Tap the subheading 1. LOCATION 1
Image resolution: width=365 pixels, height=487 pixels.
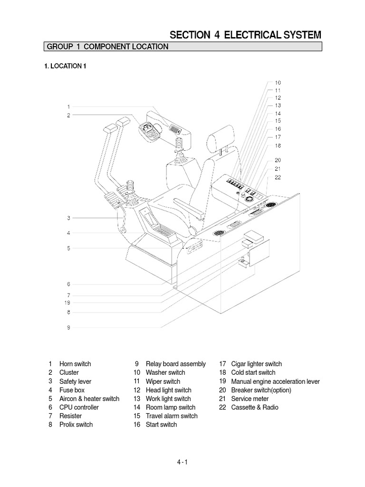click(x=65, y=67)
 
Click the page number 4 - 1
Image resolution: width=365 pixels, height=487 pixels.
click(x=182, y=462)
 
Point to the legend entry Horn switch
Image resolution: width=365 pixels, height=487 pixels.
click(x=75, y=364)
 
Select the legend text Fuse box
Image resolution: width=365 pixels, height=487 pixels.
click(x=72, y=390)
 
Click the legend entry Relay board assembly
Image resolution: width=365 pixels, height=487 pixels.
click(x=175, y=364)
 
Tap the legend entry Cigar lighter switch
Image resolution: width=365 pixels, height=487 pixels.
click(x=256, y=364)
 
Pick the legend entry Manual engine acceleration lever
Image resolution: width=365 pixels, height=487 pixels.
click(x=275, y=381)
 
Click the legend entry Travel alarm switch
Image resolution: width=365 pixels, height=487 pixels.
click(x=171, y=416)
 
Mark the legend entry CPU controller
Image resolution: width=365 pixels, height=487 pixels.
click(x=79, y=407)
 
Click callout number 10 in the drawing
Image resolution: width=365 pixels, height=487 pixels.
click(x=278, y=82)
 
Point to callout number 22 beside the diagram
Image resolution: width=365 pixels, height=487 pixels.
click(x=278, y=177)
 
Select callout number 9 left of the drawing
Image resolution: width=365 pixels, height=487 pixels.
click(x=68, y=327)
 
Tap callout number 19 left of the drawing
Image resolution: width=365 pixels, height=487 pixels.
click(x=68, y=302)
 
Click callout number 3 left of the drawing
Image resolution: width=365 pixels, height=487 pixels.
click(x=68, y=218)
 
